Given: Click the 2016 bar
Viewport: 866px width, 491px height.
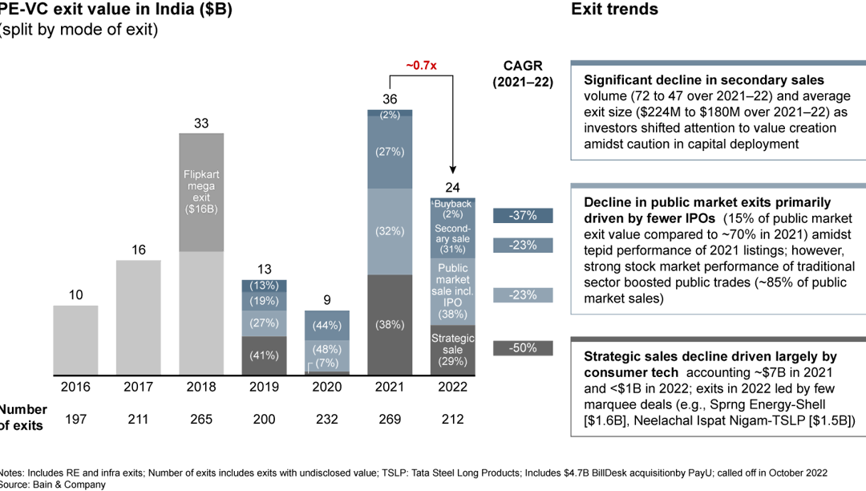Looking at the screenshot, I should point(75,339).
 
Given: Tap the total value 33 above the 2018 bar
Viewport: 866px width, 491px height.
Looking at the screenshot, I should point(201,124).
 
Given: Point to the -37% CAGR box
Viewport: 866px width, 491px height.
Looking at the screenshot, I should point(523,215).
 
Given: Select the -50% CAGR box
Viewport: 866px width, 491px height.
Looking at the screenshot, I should point(523,348).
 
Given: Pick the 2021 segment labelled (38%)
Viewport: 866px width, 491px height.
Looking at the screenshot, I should point(390,325).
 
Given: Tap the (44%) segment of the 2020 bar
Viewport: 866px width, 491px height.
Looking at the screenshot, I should point(327,326).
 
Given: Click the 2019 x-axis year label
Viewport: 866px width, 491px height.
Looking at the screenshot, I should point(264,387).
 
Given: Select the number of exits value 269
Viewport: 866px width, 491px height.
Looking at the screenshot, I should point(390,419).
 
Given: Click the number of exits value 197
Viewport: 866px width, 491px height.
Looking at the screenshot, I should point(75,419).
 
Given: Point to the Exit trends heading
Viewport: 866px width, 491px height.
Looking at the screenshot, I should point(614,10).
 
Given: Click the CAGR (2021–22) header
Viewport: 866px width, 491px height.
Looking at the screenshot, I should point(523,72).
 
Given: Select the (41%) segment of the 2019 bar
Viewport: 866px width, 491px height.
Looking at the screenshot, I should point(264,355).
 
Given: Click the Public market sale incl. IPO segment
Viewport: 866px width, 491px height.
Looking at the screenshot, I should point(453,291).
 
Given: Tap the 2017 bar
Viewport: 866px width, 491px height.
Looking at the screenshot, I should point(139,317).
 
